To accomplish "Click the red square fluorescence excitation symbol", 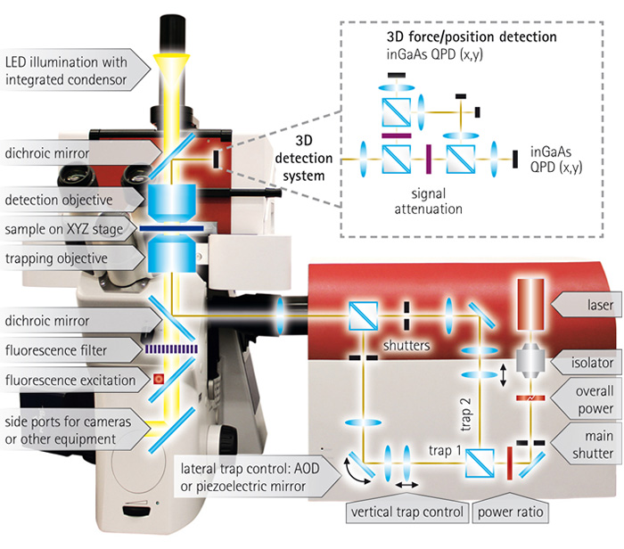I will (x=160, y=380).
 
